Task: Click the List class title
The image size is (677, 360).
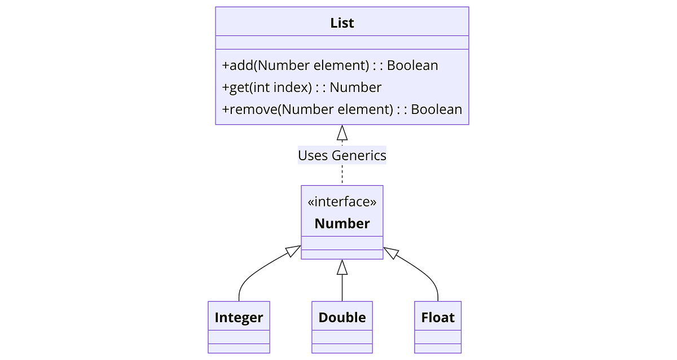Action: pos(342,23)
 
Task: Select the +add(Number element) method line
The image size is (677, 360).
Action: pos(330,65)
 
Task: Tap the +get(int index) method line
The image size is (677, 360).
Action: pos(302,87)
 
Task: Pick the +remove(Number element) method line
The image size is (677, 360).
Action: pos(342,109)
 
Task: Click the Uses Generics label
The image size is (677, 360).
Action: pos(342,155)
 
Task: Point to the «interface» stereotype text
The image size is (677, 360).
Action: pos(342,202)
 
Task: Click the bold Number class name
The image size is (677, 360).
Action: pos(342,223)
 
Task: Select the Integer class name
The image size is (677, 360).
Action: pos(239,318)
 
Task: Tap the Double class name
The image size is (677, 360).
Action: pos(342,318)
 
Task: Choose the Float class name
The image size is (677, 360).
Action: pos(438,318)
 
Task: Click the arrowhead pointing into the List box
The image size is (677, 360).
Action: pos(342,133)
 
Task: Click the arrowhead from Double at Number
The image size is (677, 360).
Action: pos(342,267)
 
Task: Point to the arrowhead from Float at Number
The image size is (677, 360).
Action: pos(391,251)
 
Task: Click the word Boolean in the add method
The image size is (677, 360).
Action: pos(412,65)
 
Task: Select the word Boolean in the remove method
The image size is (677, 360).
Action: pos(437,109)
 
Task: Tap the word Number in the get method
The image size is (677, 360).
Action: pos(355,87)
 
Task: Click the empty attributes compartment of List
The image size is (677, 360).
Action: pos(342,43)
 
